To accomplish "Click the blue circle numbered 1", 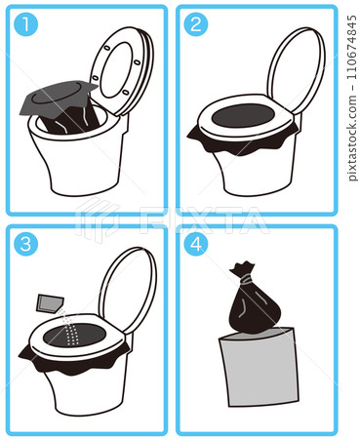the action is click(25, 24).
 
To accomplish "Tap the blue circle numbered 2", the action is click(196, 24).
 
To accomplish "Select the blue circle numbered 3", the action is click(25, 244).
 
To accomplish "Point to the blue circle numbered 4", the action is click(196, 244).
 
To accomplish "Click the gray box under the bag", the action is click(260, 368).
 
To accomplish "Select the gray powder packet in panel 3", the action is click(50, 303).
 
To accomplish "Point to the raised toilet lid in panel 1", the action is click(122, 71).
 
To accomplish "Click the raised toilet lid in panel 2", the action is click(296, 70).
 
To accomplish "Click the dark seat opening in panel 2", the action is click(243, 116).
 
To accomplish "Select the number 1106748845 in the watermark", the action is click(351, 47).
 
